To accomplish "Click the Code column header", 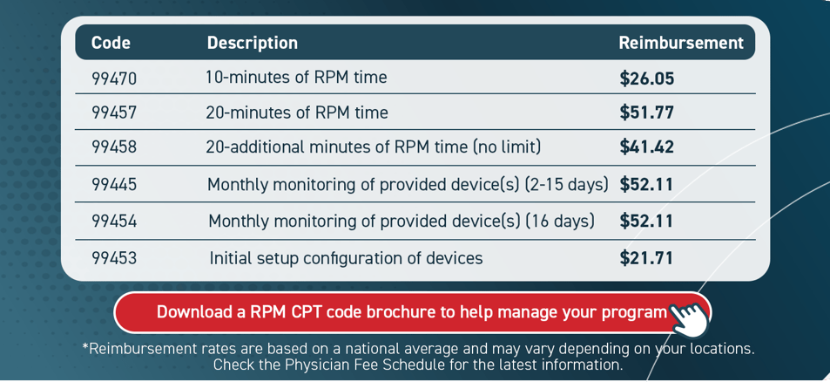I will (x=111, y=43).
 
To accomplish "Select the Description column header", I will (x=252, y=43).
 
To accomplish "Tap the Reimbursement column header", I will (x=680, y=43).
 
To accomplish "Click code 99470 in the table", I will (x=114, y=78).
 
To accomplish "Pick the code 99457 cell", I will (x=114, y=113).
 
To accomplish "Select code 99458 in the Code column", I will (x=114, y=147).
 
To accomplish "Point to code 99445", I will (x=114, y=185).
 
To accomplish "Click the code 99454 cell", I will (x=114, y=222).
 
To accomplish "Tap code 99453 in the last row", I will (x=114, y=258).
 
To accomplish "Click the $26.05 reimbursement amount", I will (x=646, y=78).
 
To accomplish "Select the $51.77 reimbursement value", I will (x=646, y=113).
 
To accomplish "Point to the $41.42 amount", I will (x=646, y=147).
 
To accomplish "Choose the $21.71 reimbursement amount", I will (x=646, y=258).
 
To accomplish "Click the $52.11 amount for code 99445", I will (x=646, y=185).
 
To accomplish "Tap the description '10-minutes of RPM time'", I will (x=296, y=78).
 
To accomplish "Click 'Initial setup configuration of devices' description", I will (x=346, y=258).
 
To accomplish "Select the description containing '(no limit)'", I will (x=373, y=147).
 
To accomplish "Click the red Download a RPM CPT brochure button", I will (x=411, y=312).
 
